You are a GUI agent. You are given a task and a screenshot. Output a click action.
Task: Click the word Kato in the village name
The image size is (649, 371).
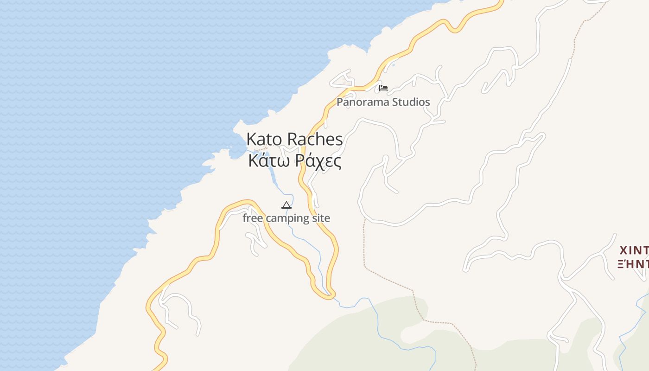[264, 139]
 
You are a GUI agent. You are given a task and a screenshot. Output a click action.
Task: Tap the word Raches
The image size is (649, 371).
[315, 139]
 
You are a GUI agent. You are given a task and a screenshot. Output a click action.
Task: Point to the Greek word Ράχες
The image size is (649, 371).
[318, 161]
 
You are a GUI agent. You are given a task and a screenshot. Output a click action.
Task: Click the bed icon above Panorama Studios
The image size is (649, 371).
[383, 88]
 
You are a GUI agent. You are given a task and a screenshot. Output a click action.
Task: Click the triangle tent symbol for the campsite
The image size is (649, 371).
[286, 205]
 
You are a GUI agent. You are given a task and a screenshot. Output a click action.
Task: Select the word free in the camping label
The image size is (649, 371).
[253, 218]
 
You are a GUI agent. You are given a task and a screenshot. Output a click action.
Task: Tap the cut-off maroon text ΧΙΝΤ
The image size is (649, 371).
[634, 251]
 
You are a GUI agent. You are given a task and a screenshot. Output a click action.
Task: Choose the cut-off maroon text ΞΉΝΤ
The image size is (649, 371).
[634, 264]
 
